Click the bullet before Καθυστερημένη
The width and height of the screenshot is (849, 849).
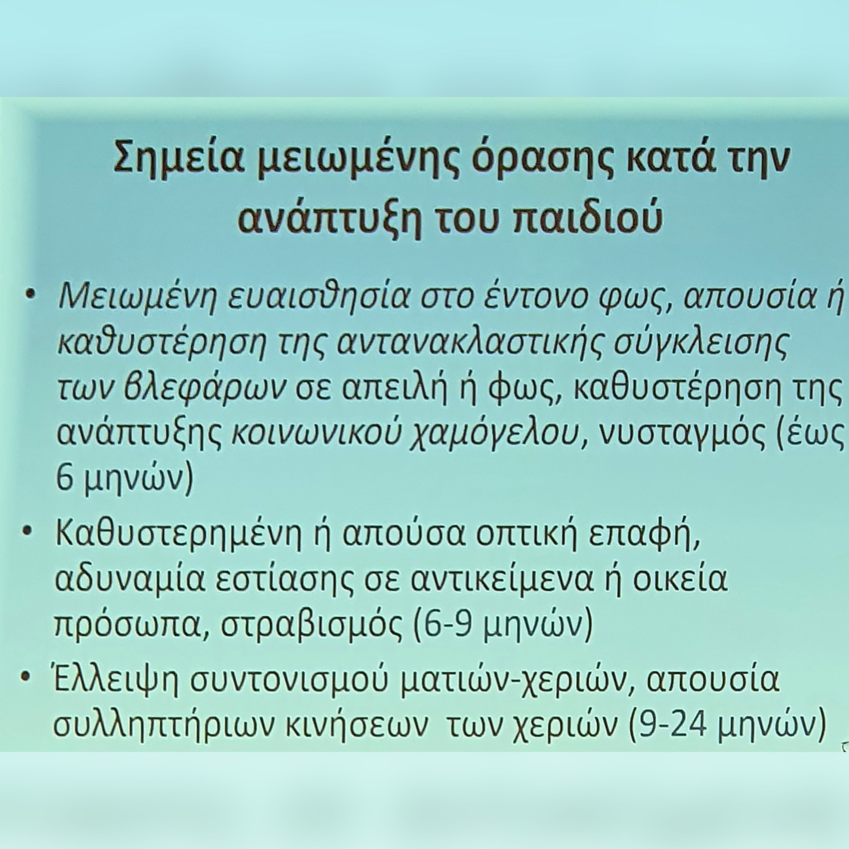[x=28, y=530]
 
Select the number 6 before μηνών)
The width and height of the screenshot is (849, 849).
[x=64, y=479]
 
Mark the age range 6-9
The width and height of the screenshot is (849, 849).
[x=446, y=625]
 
